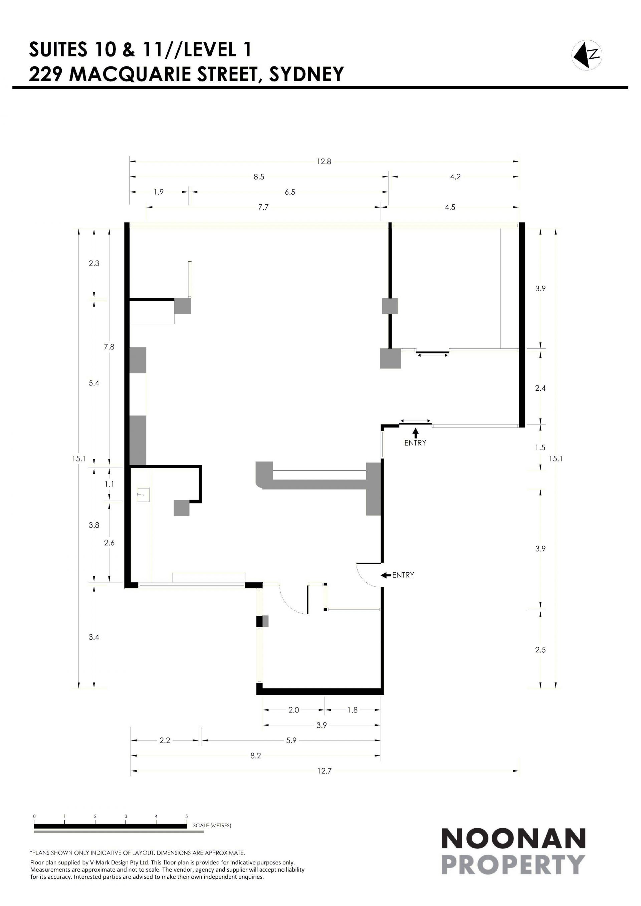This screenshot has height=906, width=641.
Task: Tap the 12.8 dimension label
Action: pyautogui.click(x=324, y=162)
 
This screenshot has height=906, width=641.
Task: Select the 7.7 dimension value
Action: pyautogui.click(x=263, y=207)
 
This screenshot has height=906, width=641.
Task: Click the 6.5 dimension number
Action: pyautogui.click(x=290, y=192)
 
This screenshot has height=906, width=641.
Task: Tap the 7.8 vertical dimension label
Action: pyautogui.click(x=109, y=347)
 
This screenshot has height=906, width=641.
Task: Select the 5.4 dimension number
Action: pyautogui.click(x=94, y=383)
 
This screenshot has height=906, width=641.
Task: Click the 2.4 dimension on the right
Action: pyautogui.click(x=541, y=388)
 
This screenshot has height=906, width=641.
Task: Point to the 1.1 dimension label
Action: pyautogui.click(x=109, y=484)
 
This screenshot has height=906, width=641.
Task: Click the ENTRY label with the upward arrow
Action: pyautogui.click(x=415, y=443)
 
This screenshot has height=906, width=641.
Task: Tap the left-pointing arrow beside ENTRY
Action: pyautogui.click(x=386, y=575)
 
